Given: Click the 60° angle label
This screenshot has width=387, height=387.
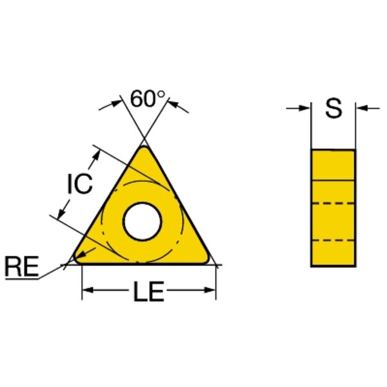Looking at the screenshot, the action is tap(147, 99).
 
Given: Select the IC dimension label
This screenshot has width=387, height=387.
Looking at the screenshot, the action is tap(80, 183).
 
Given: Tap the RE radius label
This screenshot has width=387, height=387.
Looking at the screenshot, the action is tap(22, 266).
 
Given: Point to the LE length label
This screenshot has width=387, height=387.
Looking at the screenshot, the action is tap(148, 292).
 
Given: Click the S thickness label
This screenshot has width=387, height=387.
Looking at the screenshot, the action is tap(333, 108).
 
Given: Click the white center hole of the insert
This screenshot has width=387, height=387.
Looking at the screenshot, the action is tap(143, 221).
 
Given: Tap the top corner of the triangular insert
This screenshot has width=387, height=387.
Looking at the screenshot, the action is tap(144, 147).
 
